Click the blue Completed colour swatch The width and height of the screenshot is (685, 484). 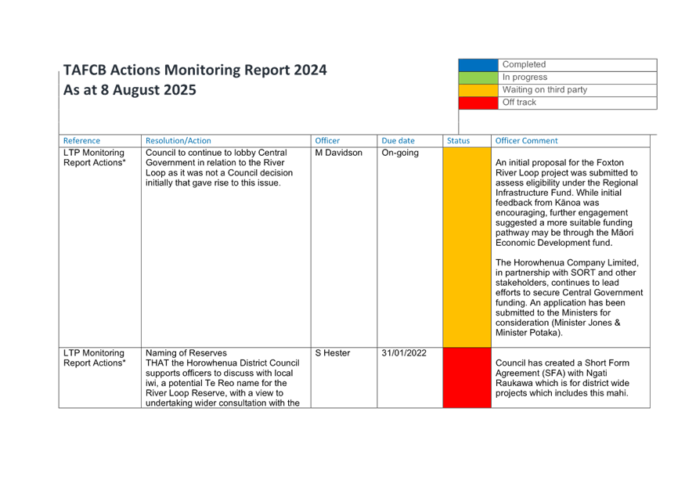(x=478, y=65)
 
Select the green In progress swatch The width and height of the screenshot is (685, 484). (x=478, y=78)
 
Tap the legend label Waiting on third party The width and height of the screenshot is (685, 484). (x=544, y=89)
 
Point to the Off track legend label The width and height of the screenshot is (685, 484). (x=519, y=103)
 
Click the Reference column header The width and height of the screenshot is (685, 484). (x=81, y=141)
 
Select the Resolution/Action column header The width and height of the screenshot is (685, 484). (x=178, y=141)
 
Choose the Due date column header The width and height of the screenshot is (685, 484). (x=398, y=141)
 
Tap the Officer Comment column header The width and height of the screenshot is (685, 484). (x=526, y=141)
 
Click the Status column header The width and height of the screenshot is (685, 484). (x=458, y=141)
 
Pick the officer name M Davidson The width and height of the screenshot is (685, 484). (x=338, y=153)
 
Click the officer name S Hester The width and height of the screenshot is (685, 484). (x=333, y=353)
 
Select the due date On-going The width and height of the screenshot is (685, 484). (x=400, y=153)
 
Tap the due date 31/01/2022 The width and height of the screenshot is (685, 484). (x=404, y=353)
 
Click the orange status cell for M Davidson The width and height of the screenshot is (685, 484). (x=467, y=247)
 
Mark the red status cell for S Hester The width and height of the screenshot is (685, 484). (x=467, y=377)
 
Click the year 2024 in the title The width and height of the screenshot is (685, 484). (x=310, y=70)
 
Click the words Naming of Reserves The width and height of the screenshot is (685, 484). (x=186, y=353)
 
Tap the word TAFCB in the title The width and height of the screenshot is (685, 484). (x=85, y=70)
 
